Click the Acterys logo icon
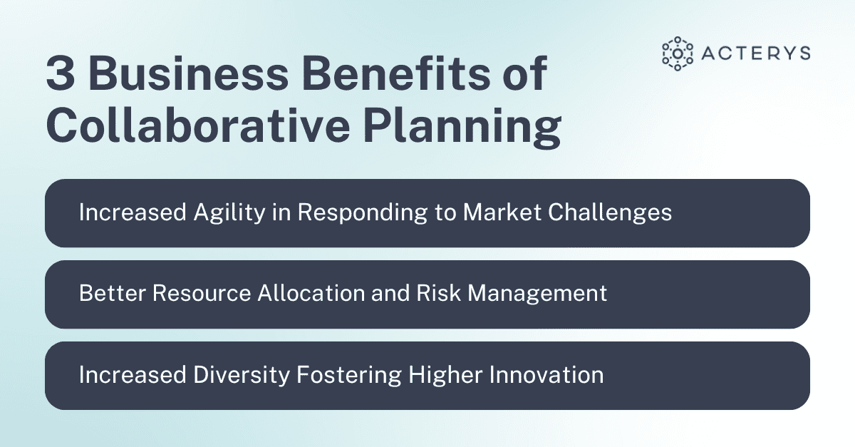point(677,53)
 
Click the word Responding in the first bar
point(348,212)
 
